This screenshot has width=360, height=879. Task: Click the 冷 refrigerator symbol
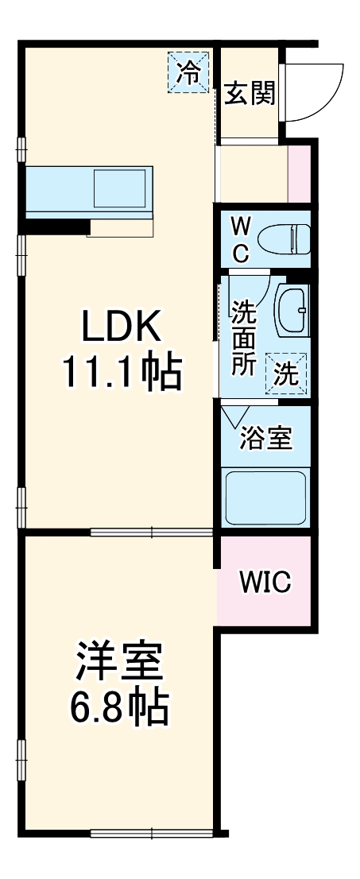point(188,72)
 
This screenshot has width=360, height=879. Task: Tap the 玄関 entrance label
point(250,93)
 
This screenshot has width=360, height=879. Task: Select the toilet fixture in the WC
point(284,239)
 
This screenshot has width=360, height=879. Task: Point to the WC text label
point(240,240)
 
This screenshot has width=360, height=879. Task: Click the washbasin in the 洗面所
point(292,312)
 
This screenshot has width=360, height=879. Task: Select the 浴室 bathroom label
point(265,438)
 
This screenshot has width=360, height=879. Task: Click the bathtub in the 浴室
point(265,498)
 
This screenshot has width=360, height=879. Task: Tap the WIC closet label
point(265,583)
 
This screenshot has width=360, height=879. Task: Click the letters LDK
point(122,326)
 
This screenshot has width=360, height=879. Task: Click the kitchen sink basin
point(119,188)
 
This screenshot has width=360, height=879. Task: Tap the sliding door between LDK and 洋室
point(152,531)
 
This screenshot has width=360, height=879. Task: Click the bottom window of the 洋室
point(152,833)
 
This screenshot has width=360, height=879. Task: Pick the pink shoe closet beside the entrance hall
point(299,174)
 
